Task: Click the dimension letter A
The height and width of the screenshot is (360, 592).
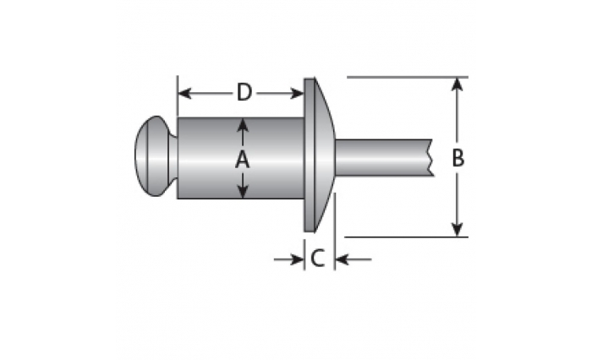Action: tap(243, 160)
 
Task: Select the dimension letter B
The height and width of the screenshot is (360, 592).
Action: tap(458, 158)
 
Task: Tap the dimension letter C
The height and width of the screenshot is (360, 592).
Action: tap(317, 259)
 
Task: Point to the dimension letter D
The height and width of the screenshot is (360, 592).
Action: tap(244, 92)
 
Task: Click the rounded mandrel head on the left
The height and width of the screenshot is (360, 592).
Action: tap(156, 155)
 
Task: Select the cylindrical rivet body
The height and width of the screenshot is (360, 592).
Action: tap(240, 158)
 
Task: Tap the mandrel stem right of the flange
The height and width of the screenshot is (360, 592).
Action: tap(384, 157)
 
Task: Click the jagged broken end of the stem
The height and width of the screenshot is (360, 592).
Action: tap(430, 157)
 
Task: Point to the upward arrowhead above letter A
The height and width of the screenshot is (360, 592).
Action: tap(243, 124)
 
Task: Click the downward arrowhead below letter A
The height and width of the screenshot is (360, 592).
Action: tap(243, 191)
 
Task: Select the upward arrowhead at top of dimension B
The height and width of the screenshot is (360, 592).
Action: tap(458, 85)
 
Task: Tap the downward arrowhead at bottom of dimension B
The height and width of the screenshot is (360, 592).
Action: tap(458, 230)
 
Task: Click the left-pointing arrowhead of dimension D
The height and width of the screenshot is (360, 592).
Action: tap(184, 93)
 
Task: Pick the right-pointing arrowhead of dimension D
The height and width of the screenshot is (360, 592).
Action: tap(297, 93)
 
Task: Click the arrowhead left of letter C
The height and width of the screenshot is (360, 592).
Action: tap(297, 259)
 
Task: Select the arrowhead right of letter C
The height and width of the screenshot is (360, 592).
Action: tap(342, 259)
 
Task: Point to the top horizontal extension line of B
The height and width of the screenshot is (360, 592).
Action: tap(408, 78)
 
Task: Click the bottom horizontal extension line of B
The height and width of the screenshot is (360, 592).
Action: tap(407, 237)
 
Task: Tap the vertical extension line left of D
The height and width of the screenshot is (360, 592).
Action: tap(178, 96)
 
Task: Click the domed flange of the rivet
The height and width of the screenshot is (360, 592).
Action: tap(317, 155)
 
